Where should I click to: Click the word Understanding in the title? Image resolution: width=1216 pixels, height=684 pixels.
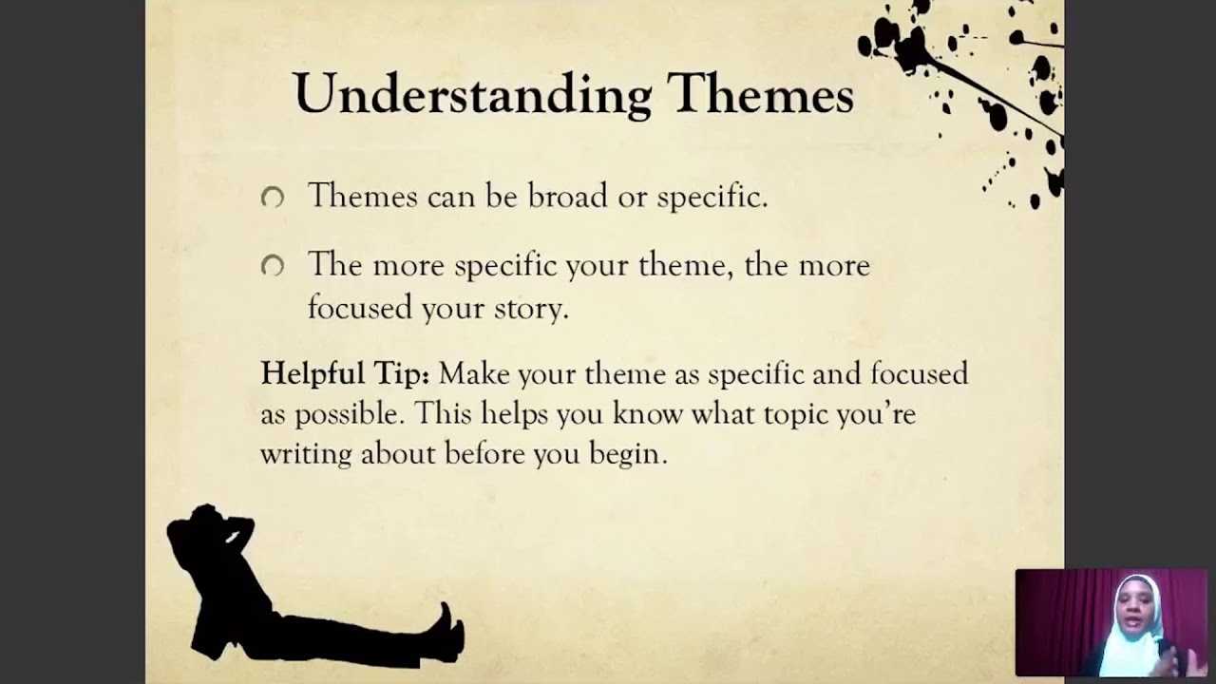(x=472, y=95)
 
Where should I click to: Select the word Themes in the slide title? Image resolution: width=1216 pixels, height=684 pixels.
(x=759, y=93)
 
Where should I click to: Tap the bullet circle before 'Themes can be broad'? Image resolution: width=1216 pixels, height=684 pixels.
(x=273, y=198)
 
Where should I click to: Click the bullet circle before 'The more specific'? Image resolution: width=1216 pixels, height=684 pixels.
(x=273, y=267)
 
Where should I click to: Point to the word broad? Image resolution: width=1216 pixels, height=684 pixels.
(x=567, y=196)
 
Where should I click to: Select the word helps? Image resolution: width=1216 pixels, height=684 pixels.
(x=514, y=414)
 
